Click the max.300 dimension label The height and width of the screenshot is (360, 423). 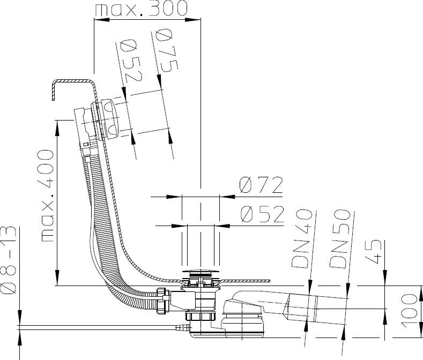142,8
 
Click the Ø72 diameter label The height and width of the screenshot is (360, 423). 261,185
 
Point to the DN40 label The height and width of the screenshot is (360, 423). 302,238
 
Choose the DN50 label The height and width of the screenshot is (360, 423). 340,239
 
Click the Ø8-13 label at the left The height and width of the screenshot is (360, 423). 8,260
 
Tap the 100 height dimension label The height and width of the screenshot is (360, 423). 409,311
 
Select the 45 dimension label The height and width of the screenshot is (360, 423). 373,251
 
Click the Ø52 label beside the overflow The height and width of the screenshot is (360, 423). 132,61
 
